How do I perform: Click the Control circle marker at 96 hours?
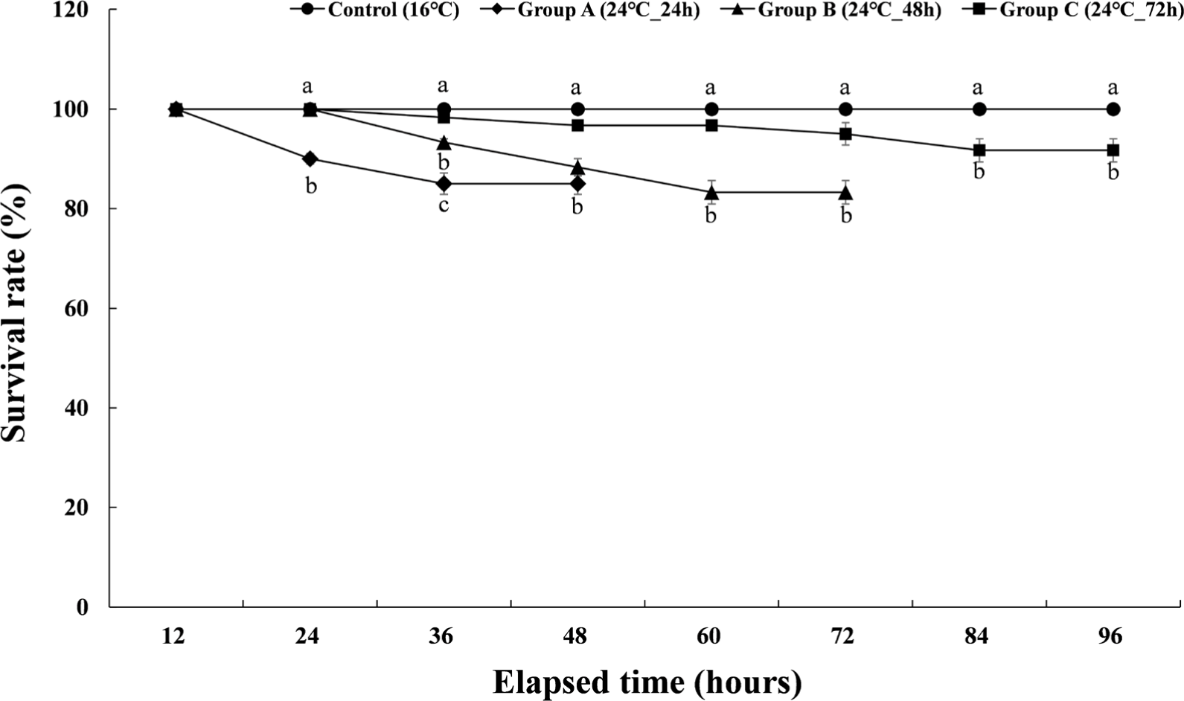pos(1113,109)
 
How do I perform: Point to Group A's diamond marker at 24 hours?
pos(310,159)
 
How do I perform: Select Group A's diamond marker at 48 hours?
pos(577,184)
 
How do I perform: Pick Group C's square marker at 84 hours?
pos(979,150)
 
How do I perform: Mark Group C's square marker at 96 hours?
pos(1113,150)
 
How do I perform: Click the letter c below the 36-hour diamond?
pos(444,205)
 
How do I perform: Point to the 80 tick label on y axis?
pos(78,209)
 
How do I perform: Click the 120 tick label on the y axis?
pos(72,10)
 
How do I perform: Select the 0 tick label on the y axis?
pos(83,607)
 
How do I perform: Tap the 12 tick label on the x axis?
pos(174,637)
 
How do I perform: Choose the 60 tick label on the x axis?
pos(709,637)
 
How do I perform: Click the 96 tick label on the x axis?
pos(1110,637)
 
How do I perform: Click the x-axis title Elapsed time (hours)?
pos(647,682)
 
